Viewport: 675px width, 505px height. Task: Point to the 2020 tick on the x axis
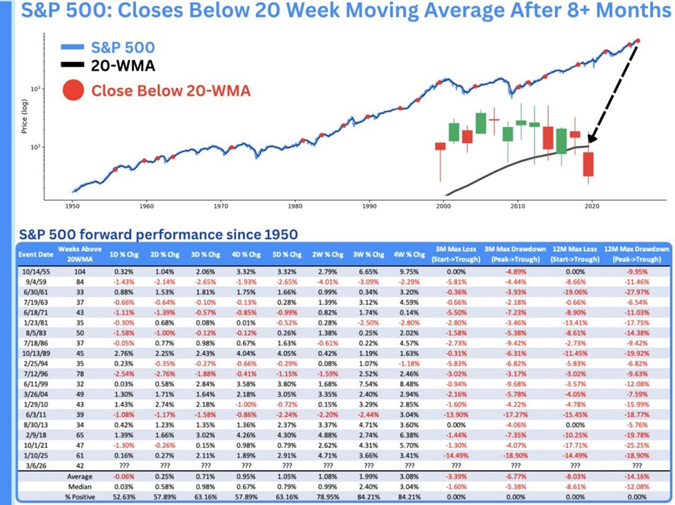click(593, 205)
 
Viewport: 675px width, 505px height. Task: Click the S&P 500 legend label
click(123, 48)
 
